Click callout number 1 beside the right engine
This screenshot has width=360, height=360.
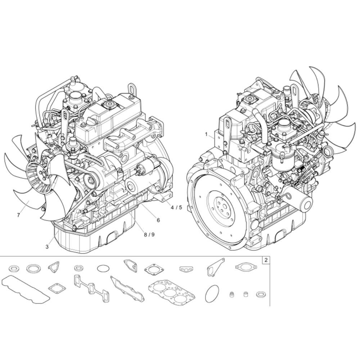coord(206,134)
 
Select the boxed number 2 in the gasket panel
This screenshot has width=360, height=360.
coord(266,260)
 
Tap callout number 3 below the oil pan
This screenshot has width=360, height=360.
coord(47,247)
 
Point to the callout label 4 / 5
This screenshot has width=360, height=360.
coord(176,208)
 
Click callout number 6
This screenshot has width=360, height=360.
coord(158,220)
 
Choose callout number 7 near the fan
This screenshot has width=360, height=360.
coord(18,215)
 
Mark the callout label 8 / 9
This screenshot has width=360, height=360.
coord(149,235)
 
